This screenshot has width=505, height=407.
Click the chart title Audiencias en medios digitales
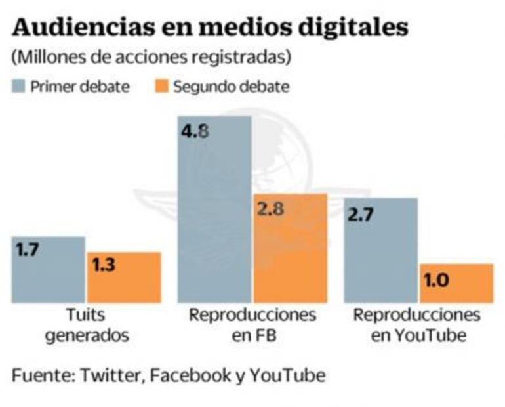click(210, 27)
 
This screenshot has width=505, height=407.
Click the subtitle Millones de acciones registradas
click(150, 56)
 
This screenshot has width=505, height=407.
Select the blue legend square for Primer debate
click(18, 86)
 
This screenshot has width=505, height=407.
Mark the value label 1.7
click(28, 249)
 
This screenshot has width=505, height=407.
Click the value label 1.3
click(105, 266)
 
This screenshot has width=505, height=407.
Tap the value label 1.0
click(437, 280)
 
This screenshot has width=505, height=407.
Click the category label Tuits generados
click(87, 324)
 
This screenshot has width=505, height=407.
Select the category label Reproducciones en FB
click(253, 324)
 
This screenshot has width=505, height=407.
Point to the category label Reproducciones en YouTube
click(417, 324)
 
